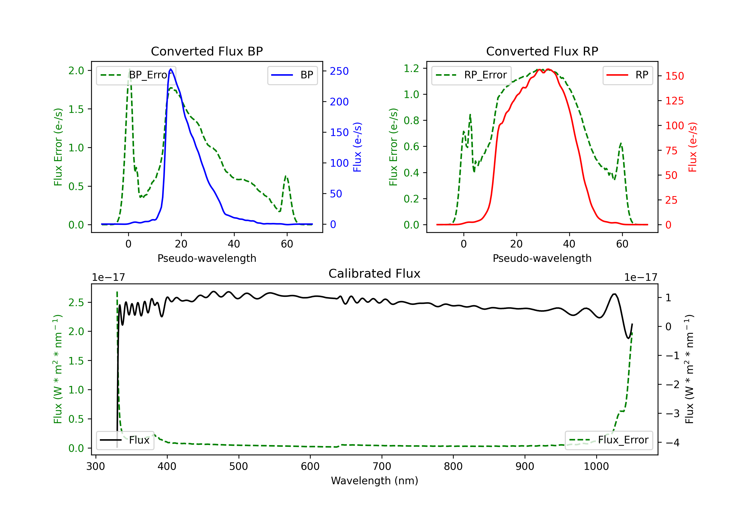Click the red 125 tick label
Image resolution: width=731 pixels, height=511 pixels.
click(x=674, y=101)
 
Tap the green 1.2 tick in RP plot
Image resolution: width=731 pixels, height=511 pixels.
click(x=411, y=68)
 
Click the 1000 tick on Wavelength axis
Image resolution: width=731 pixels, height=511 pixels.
click(x=596, y=466)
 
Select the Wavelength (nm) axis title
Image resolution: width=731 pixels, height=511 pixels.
click(x=375, y=481)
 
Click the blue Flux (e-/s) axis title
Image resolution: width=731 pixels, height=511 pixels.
click(x=357, y=147)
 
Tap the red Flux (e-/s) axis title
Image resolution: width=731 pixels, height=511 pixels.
click(x=693, y=147)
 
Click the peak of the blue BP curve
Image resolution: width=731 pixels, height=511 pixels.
click(x=171, y=69)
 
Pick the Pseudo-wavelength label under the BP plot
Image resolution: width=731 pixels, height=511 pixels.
click(x=207, y=258)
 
